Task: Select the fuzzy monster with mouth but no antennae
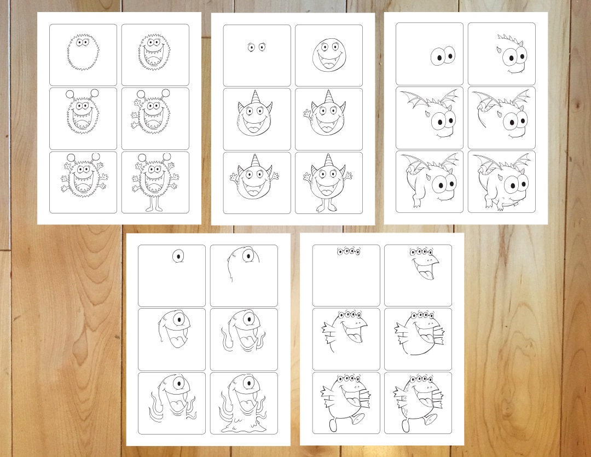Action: coord(155,54)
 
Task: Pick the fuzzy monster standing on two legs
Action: coord(155,181)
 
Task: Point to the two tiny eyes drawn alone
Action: coord(256,47)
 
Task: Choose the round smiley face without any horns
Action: coord(328,54)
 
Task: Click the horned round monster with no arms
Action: coord(256,117)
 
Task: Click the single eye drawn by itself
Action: coord(178,256)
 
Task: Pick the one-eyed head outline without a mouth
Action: coord(241,263)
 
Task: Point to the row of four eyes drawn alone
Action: coord(349,252)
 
